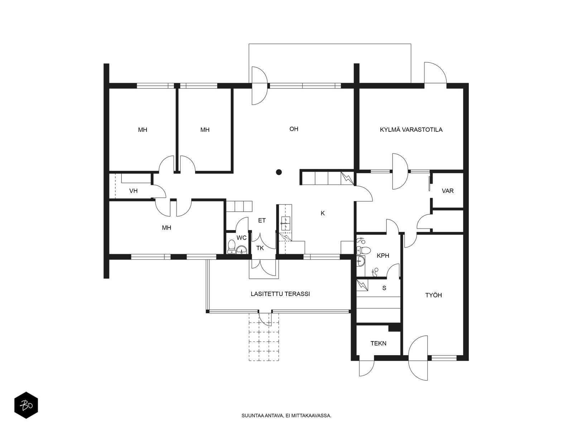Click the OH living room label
[294, 129]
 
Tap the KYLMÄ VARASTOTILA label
[411, 129]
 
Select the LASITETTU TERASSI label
[280, 294]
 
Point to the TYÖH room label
[433, 295]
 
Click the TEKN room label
[378, 343]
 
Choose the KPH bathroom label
[383, 255]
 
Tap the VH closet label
[133, 191]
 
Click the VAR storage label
[448, 191]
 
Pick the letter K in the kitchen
[323, 213]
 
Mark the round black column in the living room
[279, 172]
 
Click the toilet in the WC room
[231, 247]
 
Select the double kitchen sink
[285, 224]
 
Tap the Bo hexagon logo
[26, 405]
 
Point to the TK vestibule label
[260, 248]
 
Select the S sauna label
[384, 288]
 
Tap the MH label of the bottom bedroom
[167, 228]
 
